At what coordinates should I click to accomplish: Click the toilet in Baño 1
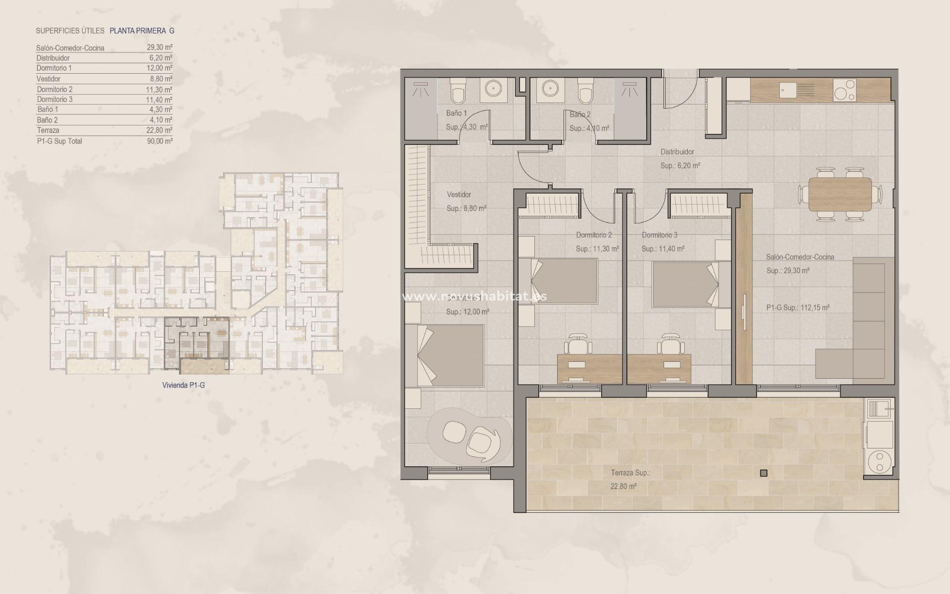pos(457,92)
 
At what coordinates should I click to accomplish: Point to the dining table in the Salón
pos(840,194)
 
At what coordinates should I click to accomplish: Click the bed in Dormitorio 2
pos(564,281)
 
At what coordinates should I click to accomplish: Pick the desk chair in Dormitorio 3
pos(669,342)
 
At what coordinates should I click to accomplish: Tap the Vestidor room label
pos(459,195)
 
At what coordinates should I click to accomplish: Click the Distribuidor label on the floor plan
pos(677,152)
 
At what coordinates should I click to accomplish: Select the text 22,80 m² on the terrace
pos(623,486)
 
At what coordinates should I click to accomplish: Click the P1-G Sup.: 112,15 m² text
pos(798,307)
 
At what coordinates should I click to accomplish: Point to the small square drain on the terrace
pos(763,473)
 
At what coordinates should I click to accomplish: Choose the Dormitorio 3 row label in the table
pos(54,99)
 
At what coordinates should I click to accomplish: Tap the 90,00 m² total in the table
pos(161,141)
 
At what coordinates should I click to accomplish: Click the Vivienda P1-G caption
pos(183,385)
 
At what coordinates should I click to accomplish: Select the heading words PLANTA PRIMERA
pos(138,31)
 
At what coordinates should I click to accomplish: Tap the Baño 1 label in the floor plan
pos(456,113)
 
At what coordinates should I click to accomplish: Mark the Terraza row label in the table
pos(48,131)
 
